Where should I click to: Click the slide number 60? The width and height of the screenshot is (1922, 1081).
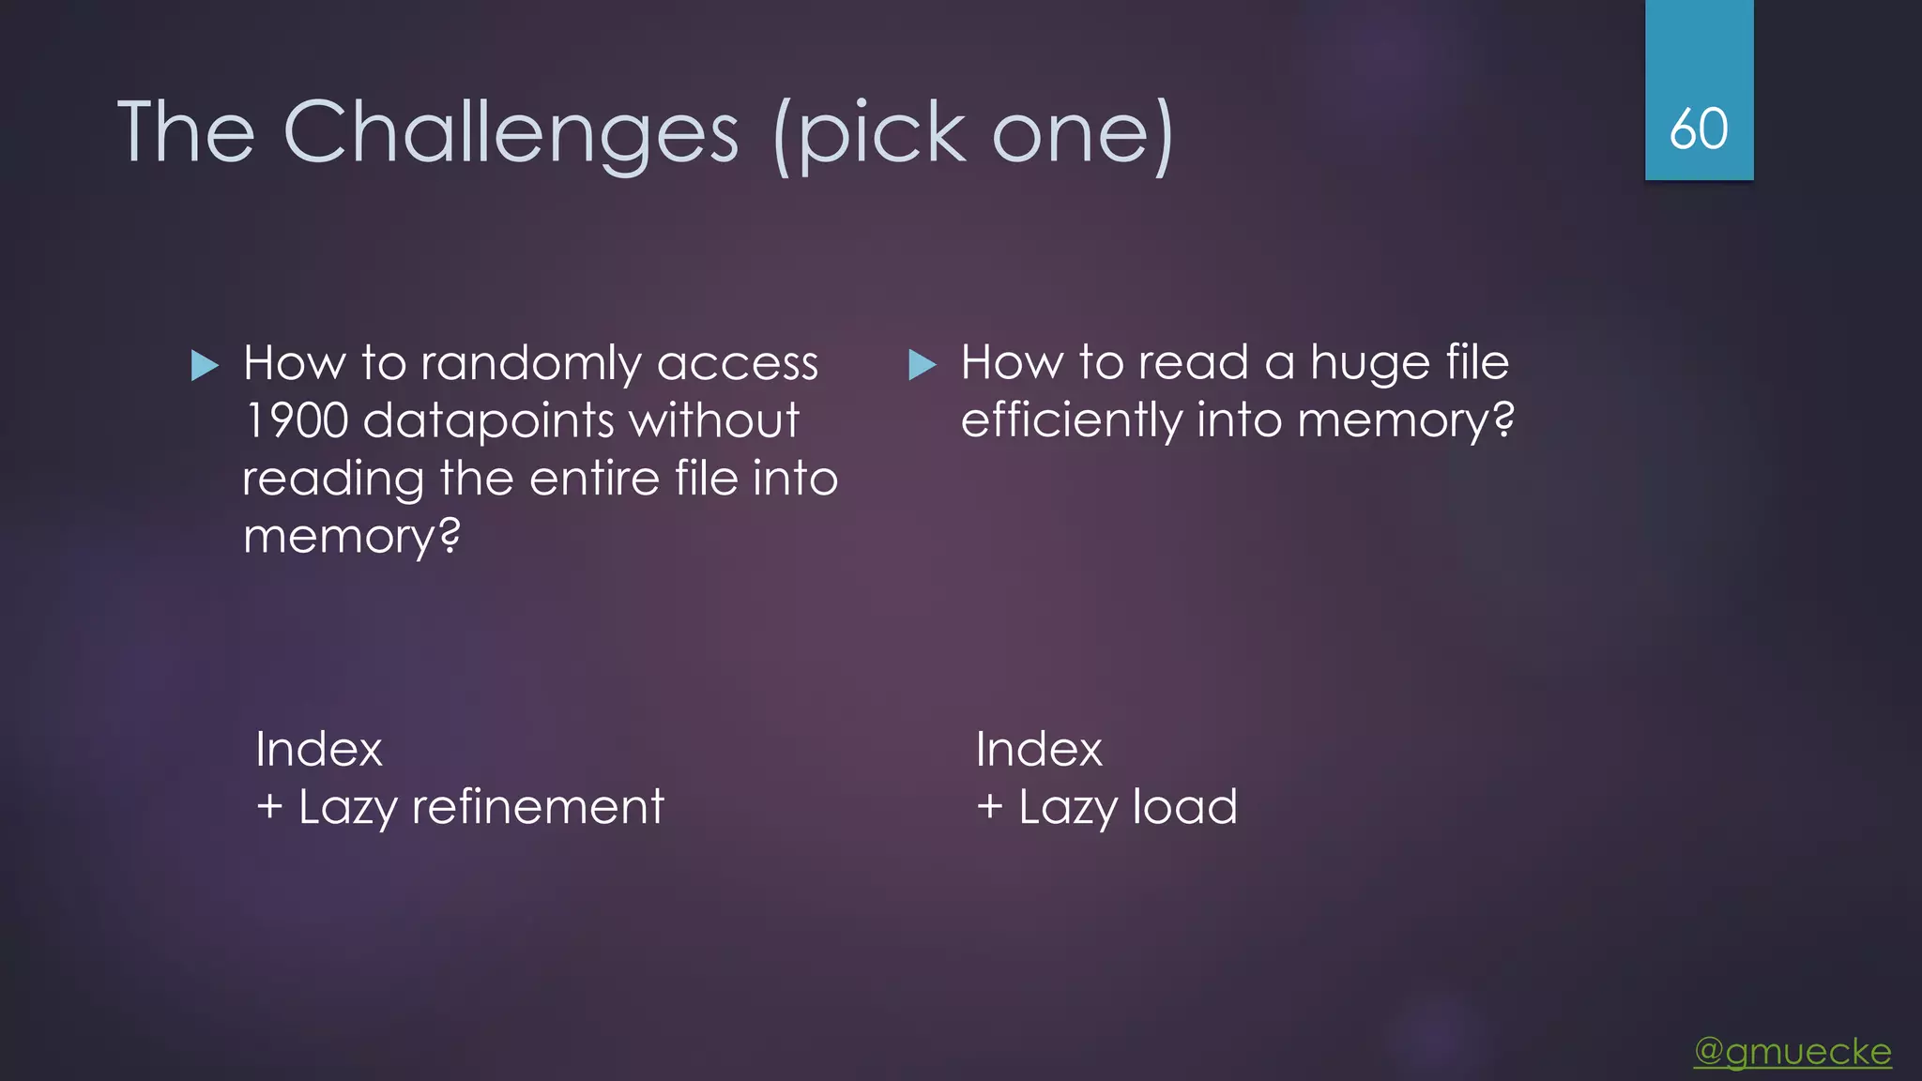[1699, 129]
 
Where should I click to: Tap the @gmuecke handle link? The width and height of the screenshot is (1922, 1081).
[1792, 1051]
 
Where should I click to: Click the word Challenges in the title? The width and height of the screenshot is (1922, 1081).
[511, 133]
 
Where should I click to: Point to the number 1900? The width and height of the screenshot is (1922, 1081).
[297, 420]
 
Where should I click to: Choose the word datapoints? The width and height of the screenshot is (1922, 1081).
[488, 420]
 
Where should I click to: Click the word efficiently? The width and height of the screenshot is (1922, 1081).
[1071, 420]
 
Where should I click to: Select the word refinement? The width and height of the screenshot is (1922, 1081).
[538, 807]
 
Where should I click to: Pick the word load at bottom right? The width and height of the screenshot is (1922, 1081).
[1184, 807]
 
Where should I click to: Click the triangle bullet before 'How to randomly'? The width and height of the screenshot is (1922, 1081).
[205, 365]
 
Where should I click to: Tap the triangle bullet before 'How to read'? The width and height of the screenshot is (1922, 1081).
[923, 364]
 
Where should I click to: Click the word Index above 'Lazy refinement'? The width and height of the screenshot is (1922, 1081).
[319, 750]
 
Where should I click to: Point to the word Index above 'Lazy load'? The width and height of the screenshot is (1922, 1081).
[1039, 750]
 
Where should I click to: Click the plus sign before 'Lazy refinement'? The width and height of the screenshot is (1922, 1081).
[269, 807]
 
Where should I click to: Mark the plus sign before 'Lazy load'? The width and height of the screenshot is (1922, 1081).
[990, 807]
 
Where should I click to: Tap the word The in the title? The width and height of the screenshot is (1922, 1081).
[186, 133]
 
